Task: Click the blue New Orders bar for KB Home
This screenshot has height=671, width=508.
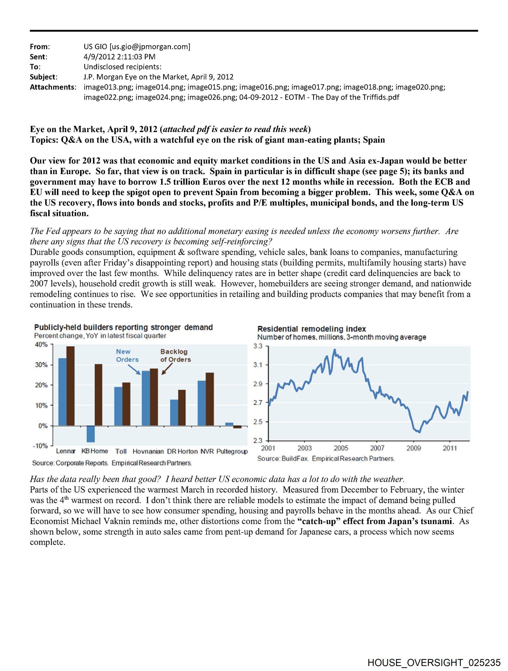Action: (x=91, y=434)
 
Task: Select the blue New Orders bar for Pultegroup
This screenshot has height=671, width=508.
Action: (x=229, y=424)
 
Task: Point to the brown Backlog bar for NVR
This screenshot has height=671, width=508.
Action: (x=210, y=399)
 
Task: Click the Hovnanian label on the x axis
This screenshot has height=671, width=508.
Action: (x=148, y=451)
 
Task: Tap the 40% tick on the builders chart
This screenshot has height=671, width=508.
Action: (x=41, y=345)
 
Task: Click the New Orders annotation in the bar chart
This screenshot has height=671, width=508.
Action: (x=127, y=355)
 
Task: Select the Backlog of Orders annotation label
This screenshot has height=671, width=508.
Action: (x=176, y=355)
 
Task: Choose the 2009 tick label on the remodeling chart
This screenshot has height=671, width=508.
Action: (x=414, y=448)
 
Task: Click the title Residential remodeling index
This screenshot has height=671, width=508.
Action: (x=311, y=329)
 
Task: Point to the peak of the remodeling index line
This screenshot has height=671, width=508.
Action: (x=335, y=349)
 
